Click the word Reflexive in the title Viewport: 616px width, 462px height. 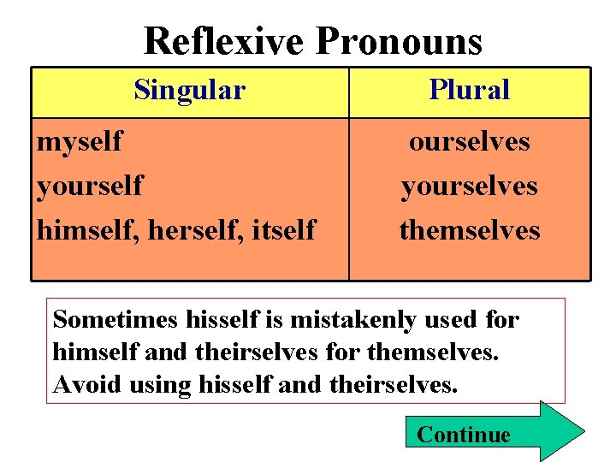[x=223, y=40]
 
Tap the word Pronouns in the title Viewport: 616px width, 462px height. [x=399, y=40]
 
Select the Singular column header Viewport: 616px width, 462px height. [x=189, y=89]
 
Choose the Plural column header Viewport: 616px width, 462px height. [x=469, y=89]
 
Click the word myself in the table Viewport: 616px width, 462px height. [x=80, y=140]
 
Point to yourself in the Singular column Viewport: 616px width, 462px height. [x=89, y=185]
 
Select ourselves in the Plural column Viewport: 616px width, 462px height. [x=469, y=140]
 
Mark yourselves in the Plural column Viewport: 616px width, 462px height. [x=469, y=185]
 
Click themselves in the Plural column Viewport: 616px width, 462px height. [x=469, y=229]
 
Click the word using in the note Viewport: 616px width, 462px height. [x=160, y=385]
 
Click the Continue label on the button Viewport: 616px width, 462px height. [x=463, y=435]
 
